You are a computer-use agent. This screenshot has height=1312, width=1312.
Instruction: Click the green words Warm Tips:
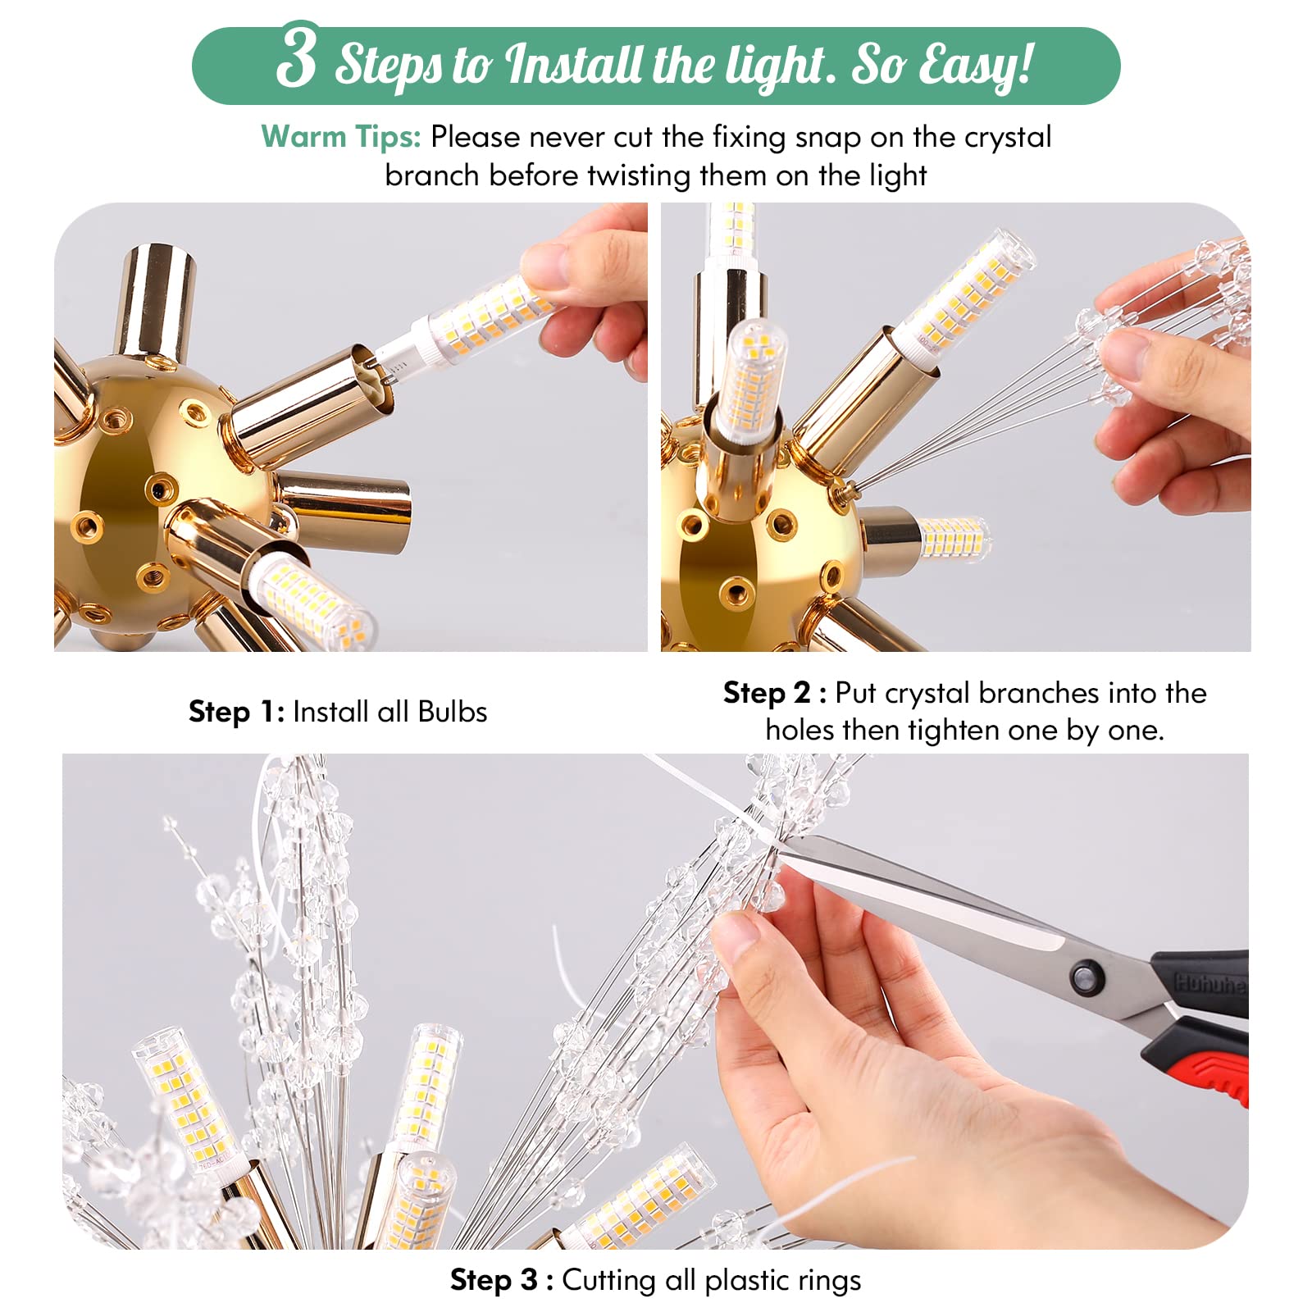pos(340,136)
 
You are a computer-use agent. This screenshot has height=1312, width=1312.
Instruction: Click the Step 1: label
pos(236,712)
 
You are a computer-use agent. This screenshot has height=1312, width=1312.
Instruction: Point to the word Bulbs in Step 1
pos(452,712)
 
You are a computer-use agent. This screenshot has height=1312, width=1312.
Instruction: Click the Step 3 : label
pos(501,1280)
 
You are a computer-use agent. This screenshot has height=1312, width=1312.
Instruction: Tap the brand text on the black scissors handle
pos(1210,983)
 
